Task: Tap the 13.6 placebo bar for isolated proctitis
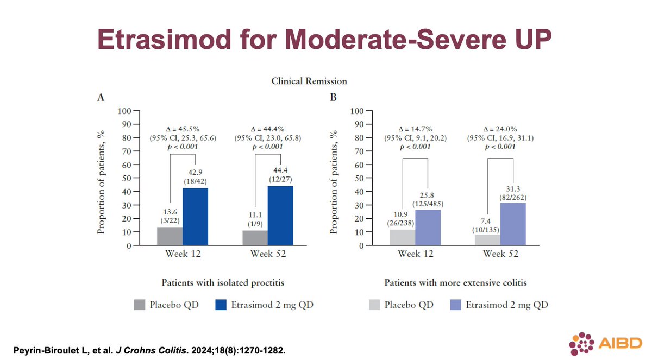click(x=170, y=236)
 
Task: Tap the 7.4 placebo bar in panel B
click(x=487, y=239)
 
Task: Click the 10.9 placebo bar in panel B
click(x=403, y=237)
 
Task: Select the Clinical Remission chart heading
click(x=309, y=81)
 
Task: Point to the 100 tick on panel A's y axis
click(x=124, y=111)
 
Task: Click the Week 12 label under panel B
click(x=416, y=254)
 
